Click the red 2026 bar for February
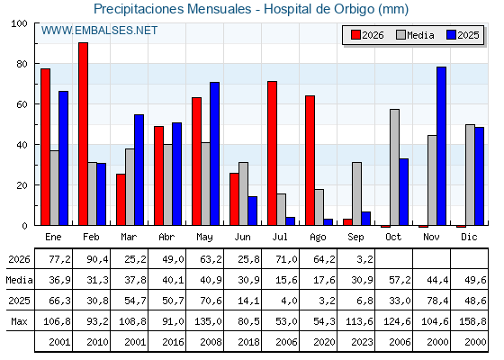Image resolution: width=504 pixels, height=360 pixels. (x=83, y=134)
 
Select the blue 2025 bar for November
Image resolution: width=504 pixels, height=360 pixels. (x=441, y=146)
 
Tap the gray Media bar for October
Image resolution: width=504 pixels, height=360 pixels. (x=395, y=167)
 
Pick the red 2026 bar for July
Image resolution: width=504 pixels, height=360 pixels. (x=272, y=153)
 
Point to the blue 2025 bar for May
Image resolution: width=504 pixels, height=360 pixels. (x=215, y=154)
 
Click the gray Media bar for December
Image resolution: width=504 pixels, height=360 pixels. (x=470, y=175)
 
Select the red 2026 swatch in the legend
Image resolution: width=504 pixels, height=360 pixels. (x=355, y=35)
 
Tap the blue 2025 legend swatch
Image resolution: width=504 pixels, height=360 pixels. (x=451, y=35)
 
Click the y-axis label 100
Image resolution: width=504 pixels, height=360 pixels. (x=19, y=23)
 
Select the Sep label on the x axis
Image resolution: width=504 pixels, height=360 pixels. (x=355, y=238)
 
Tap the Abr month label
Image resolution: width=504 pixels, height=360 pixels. (x=166, y=238)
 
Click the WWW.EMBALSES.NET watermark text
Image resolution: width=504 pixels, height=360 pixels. (x=99, y=31)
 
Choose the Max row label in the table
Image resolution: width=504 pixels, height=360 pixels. (x=19, y=321)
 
